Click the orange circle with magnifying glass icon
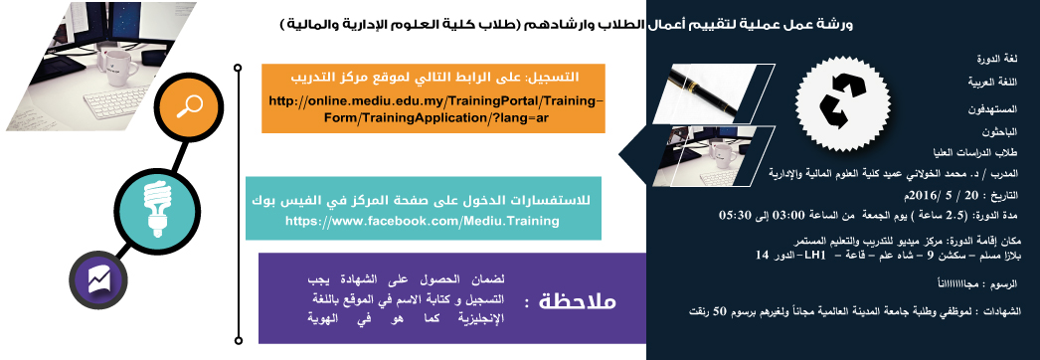[190, 106]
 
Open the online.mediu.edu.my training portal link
[435, 108]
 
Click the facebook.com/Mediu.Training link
[423, 221]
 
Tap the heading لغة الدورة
[998, 59]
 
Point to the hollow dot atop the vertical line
[238, 67]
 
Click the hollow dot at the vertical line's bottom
[238, 341]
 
